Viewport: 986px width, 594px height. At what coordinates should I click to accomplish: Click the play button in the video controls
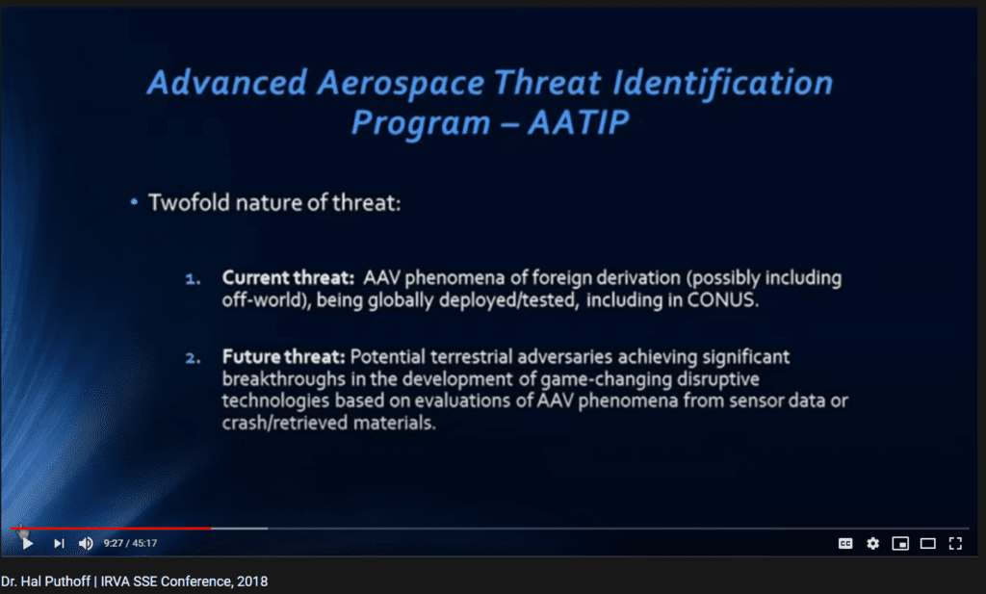point(28,543)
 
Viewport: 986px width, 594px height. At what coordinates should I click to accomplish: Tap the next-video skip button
point(59,543)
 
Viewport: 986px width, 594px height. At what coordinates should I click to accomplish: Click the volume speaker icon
point(86,543)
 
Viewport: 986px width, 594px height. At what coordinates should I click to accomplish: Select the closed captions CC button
point(845,544)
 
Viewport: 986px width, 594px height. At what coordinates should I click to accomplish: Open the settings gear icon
point(872,544)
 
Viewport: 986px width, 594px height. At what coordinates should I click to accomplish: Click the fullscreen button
point(955,544)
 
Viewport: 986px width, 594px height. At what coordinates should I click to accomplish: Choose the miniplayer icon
point(900,544)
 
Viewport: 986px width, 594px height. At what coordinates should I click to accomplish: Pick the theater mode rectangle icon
point(928,544)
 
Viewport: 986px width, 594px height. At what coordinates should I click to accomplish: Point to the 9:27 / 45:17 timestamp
point(130,543)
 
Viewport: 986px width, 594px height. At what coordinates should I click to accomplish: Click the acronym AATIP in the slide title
point(579,122)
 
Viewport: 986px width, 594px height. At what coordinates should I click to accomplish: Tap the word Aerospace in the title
point(401,84)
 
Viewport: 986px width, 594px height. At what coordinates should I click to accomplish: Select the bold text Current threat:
point(289,278)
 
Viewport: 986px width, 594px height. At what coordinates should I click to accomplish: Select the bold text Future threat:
point(284,357)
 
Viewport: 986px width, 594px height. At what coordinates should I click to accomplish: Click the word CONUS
point(722,299)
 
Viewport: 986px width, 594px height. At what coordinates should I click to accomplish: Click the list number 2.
point(193,358)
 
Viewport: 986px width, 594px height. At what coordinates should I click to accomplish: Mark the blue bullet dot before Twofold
point(134,202)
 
